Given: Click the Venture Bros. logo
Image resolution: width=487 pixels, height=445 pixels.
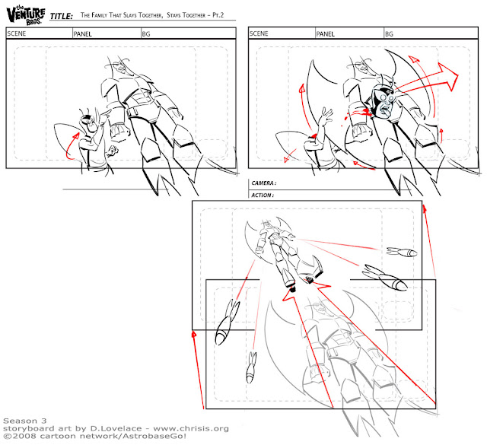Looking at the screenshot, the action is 26,15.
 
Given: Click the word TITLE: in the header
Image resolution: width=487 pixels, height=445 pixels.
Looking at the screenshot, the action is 62,16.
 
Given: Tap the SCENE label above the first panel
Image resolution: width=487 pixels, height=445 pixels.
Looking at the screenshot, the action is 17,33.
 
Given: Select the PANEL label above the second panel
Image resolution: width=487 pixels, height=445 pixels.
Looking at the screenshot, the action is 325,33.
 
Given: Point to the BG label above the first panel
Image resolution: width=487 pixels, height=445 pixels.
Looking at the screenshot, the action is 146,33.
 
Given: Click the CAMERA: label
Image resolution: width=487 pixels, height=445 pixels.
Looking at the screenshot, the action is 264,183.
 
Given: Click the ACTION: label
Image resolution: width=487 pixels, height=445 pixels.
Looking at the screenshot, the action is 263,195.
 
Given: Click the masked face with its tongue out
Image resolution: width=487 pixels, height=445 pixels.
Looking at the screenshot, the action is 384,101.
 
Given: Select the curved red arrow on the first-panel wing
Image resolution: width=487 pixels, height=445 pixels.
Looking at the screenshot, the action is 72,146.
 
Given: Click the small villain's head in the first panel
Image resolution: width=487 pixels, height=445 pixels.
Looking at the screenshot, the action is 88,121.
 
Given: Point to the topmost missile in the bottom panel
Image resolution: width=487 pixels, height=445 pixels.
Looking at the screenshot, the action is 402,252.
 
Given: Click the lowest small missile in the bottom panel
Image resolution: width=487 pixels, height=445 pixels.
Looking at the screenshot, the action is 251,367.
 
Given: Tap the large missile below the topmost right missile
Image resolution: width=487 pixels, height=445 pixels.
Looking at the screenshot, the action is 385,277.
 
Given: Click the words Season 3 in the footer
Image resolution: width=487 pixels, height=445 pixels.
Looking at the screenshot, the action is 25,421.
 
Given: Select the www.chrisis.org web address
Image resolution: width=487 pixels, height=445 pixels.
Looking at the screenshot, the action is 191,428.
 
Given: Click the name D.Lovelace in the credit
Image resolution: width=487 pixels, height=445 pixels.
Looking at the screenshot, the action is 116,428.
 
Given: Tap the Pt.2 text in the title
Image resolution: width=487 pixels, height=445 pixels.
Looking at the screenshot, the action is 218,15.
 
